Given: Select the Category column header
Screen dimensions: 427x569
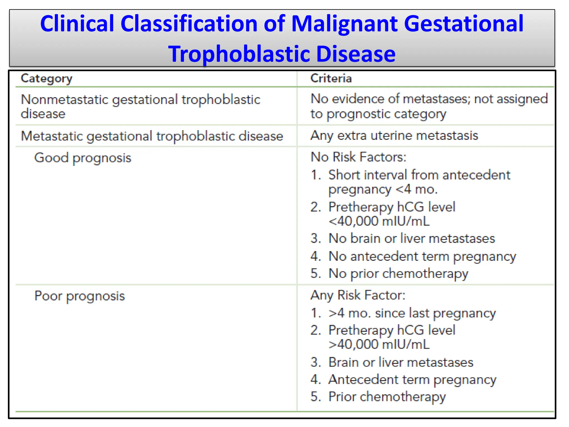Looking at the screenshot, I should (46, 79).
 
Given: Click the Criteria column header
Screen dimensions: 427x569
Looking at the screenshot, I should (331, 79).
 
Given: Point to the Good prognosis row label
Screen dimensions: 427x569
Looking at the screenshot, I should (83, 158).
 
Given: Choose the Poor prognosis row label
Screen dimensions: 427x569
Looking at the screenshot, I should (79, 296).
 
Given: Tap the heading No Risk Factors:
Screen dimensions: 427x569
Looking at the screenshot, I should (358, 157).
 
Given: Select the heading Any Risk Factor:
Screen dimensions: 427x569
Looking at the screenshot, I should (358, 295).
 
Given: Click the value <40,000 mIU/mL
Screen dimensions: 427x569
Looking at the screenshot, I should (379, 222).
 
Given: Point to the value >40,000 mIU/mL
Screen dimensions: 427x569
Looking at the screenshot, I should (379, 345).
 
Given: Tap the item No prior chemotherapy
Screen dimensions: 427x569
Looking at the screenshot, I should (398, 274).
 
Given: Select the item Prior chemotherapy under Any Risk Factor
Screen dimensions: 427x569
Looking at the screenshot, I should (387, 397).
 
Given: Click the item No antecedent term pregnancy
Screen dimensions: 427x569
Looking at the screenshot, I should (422, 256).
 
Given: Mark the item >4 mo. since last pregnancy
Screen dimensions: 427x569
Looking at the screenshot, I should (412, 313).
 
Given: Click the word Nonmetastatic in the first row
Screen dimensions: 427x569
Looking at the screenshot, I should (64, 100).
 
